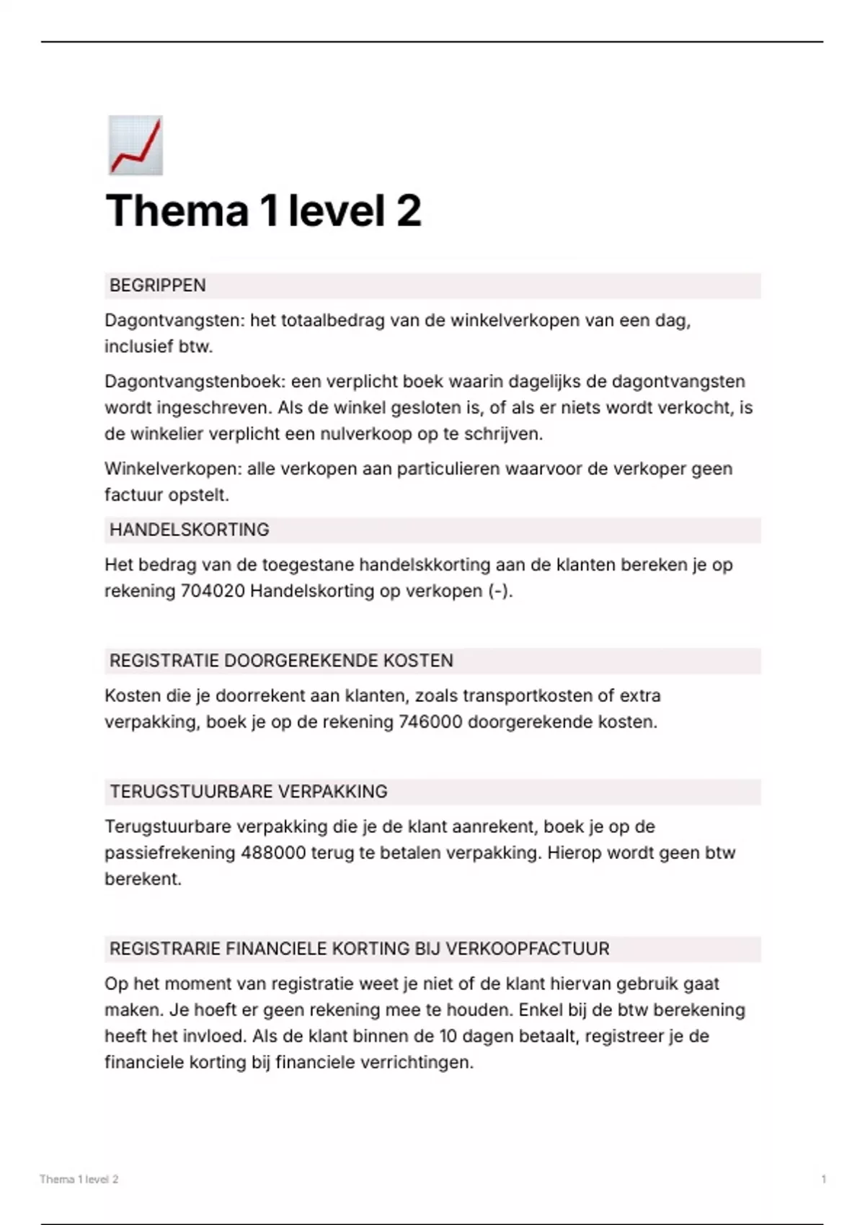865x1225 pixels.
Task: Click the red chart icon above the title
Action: pyautogui.click(x=136, y=146)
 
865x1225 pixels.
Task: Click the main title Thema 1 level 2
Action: pyautogui.click(x=263, y=211)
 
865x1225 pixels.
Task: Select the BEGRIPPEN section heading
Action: pyautogui.click(x=158, y=285)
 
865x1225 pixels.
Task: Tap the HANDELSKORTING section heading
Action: pyautogui.click(x=190, y=530)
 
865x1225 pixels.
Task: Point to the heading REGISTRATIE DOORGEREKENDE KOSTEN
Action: pyautogui.click(x=281, y=661)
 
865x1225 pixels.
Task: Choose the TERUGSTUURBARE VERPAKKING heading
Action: pyautogui.click(x=249, y=792)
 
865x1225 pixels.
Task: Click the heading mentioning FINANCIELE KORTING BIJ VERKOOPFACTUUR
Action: pyautogui.click(x=359, y=949)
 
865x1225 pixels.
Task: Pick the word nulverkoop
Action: pyautogui.click(x=361, y=435)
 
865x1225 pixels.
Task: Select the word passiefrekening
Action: pyautogui.click(x=170, y=853)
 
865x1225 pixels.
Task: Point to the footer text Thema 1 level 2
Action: pyautogui.click(x=79, y=1180)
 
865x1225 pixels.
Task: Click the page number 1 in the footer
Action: pyautogui.click(x=823, y=1180)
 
